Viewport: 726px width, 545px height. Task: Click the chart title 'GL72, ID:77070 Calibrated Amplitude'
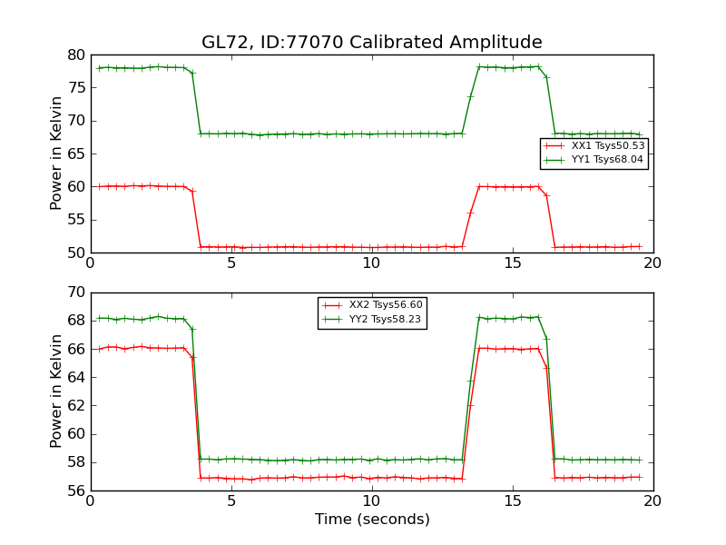[x=371, y=43]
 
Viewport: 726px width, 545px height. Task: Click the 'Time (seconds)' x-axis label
[x=372, y=520]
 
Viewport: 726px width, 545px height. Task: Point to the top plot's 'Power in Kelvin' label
[x=56, y=154]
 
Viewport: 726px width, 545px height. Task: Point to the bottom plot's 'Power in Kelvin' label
[x=56, y=391]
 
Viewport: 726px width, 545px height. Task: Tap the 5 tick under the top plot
[x=231, y=264]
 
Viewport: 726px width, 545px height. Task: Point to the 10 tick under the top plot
[x=372, y=264]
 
